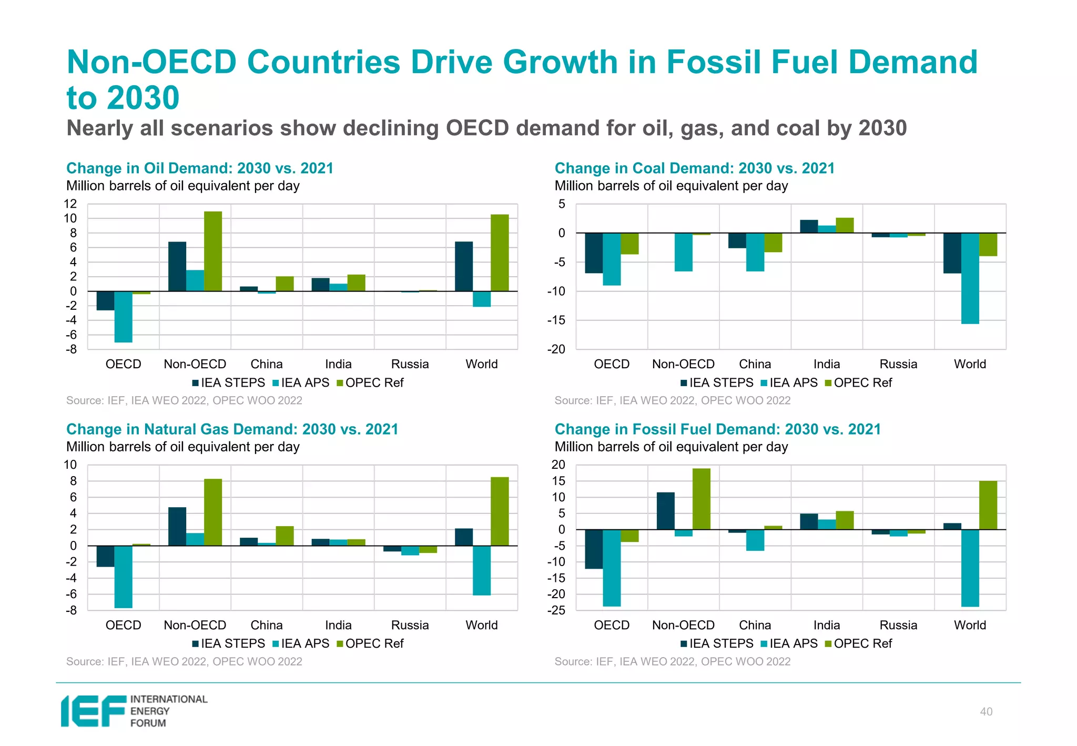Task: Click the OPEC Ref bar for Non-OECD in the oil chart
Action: pyautogui.click(x=213, y=251)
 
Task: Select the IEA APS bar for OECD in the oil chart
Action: pyautogui.click(x=124, y=316)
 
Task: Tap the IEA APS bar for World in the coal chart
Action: pyautogui.click(x=970, y=278)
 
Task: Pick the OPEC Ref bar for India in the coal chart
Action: pyautogui.click(x=845, y=225)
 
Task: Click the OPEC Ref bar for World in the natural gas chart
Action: pyautogui.click(x=500, y=511)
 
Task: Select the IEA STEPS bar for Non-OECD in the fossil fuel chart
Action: pyautogui.click(x=666, y=511)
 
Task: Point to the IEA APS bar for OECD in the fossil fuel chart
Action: pyautogui.click(x=612, y=568)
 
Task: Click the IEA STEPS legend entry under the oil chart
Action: pyautogui.click(x=229, y=383)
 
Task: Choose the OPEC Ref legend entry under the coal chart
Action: pyautogui.click(x=859, y=383)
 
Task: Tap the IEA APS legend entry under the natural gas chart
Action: pyautogui.click(x=301, y=644)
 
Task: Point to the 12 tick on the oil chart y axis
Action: pyautogui.click(x=70, y=204)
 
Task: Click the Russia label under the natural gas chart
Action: pyautogui.click(x=410, y=626)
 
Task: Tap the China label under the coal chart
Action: pyautogui.click(x=755, y=364)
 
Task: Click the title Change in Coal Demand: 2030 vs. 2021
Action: pyautogui.click(x=694, y=168)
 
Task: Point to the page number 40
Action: pyautogui.click(x=986, y=712)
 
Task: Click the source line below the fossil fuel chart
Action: pyautogui.click(x=672, y=662)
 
